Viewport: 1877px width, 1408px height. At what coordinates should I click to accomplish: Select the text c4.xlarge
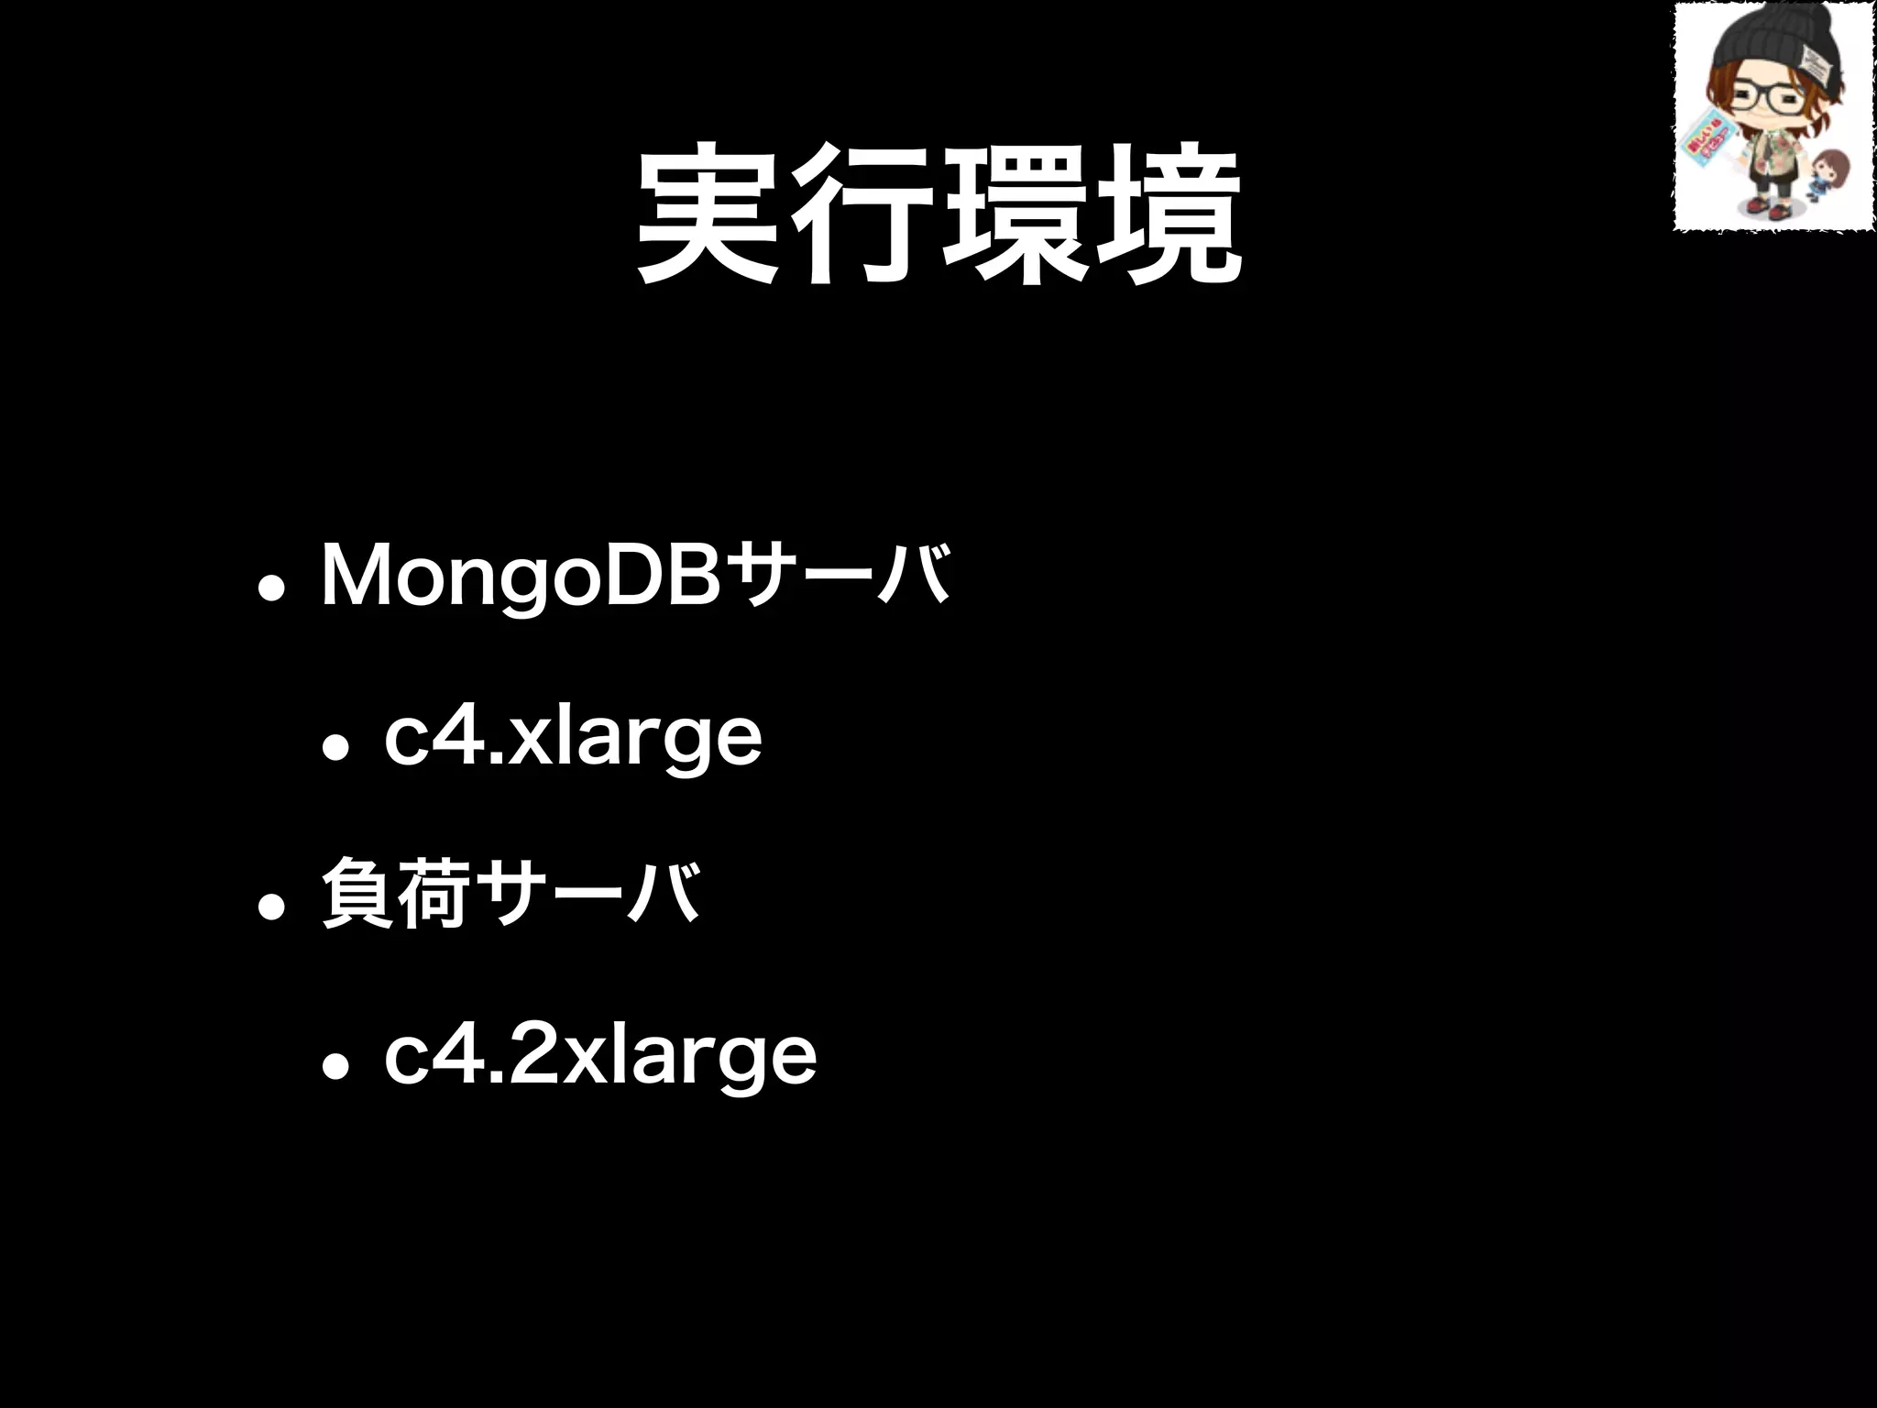[x=573, y=737]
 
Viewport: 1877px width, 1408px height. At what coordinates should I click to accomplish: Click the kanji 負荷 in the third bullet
[x=396, y=893]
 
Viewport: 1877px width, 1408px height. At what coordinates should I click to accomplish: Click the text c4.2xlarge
[x=600, y=1056]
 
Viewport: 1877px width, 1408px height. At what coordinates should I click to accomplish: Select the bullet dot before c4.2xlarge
[x=335, y=1067]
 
